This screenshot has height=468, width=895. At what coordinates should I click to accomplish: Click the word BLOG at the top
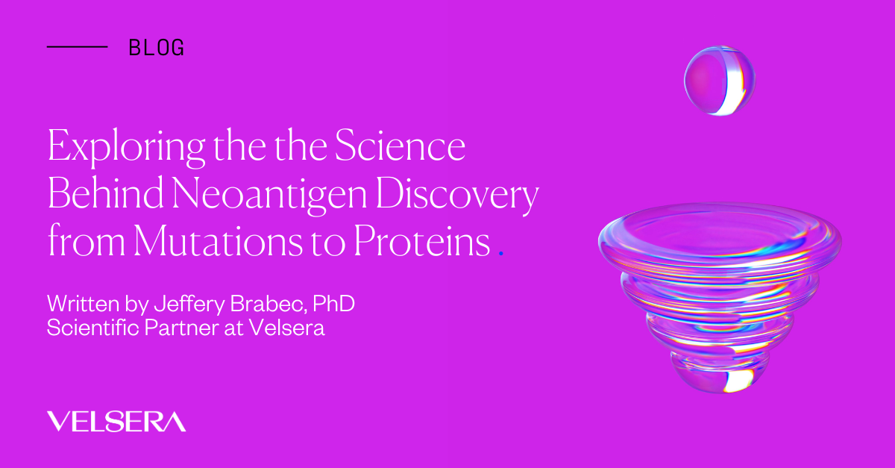tap(156, 48)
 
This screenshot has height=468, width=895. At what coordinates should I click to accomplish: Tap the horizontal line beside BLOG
tap(78, 47)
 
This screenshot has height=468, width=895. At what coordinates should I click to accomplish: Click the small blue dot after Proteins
tap(500, 255)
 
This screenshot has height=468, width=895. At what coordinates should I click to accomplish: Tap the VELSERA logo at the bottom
tap(116, 421)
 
